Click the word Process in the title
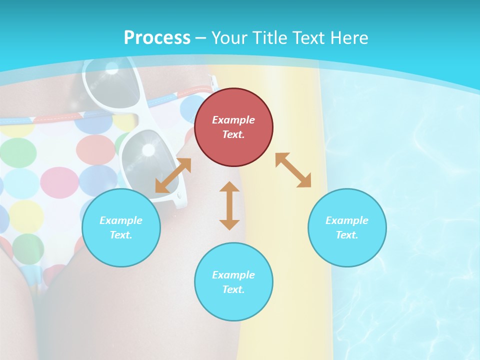tap(157, 38)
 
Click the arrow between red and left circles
tap(173, 175)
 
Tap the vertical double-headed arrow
tap(229, 205)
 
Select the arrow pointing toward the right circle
tap(293, 170)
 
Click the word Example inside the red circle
tap(233, 120)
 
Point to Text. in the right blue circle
tap(347, 235)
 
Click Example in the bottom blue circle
tap(233, 275)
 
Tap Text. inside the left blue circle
tap(121, 235)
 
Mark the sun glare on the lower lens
tap(148, 149)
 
